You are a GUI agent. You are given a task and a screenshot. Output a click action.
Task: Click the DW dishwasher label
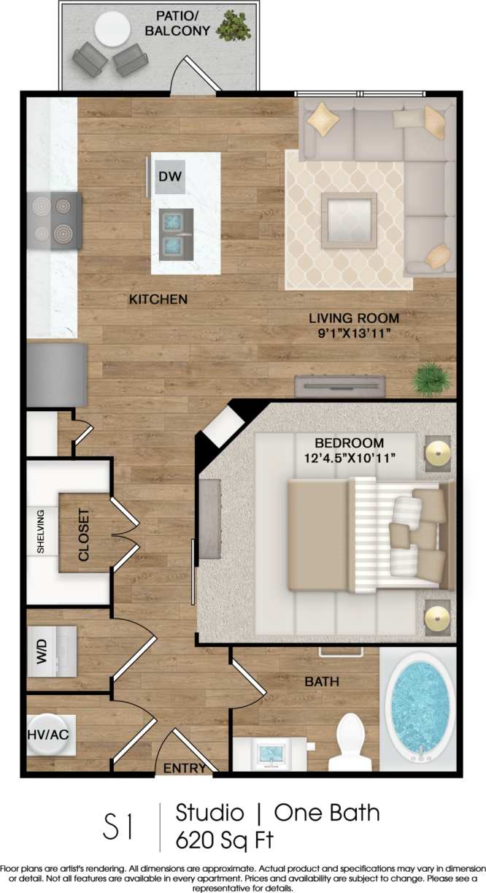pos(170,176)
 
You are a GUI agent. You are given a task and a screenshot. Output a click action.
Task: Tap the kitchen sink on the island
pos(177,232)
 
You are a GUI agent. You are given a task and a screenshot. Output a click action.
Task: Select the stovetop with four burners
pos(55,221)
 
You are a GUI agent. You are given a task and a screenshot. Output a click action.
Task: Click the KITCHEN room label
pos(158,299)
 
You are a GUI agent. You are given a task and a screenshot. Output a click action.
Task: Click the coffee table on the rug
pos(349,216)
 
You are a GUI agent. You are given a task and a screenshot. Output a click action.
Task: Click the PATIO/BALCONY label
pos(177,23)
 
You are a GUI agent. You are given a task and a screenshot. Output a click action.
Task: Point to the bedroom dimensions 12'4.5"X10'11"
pos(349,458)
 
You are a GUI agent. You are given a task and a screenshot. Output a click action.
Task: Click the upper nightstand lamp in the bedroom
pos(439,453)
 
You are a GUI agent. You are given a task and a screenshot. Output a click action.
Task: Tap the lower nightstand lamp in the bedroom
pos(439,618)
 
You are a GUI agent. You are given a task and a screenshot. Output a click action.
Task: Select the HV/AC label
pos(49,735)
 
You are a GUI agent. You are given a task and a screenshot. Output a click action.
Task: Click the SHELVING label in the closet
pos(42,532)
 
